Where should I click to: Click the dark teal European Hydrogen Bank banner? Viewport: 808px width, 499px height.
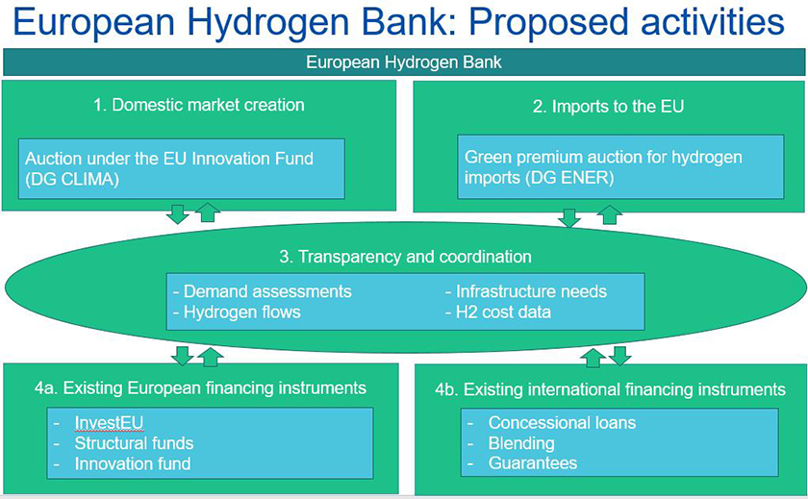[404, 62]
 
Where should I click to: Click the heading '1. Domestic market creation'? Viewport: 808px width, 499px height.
[199, 105]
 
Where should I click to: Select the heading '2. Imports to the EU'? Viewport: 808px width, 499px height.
[608, 107]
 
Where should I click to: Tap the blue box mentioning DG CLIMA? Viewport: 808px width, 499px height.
[182, 168]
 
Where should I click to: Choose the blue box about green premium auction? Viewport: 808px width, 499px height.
[620, 167]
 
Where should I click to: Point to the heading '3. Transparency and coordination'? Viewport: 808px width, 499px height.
[405, 257]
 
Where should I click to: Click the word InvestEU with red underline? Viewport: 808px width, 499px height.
[109, 423]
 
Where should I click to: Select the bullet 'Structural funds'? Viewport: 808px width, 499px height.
[134, 443]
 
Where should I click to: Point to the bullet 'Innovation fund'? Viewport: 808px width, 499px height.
[133, 463]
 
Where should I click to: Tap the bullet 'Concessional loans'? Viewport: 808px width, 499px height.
[562, 423]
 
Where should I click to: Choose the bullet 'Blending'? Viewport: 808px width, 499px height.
[521, 443]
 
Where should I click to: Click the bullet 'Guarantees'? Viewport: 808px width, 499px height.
[533, 463]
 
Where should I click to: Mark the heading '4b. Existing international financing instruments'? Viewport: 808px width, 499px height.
[610, 389]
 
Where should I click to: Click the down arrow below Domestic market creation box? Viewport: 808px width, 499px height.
[178, 213]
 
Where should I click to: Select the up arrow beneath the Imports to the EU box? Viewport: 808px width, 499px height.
[610, 214]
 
